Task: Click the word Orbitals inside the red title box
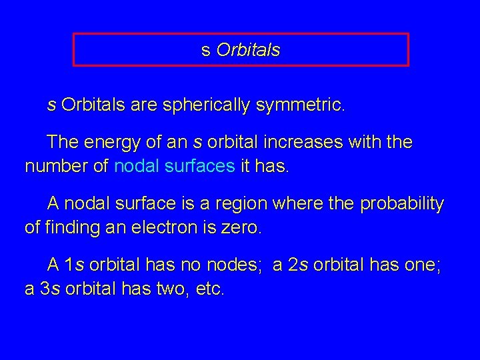pyautogui.click(x=249, y=50)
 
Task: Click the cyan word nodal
pyautogui.click(x=136, y=166)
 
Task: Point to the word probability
pyautogui.click(x=402, y=204)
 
